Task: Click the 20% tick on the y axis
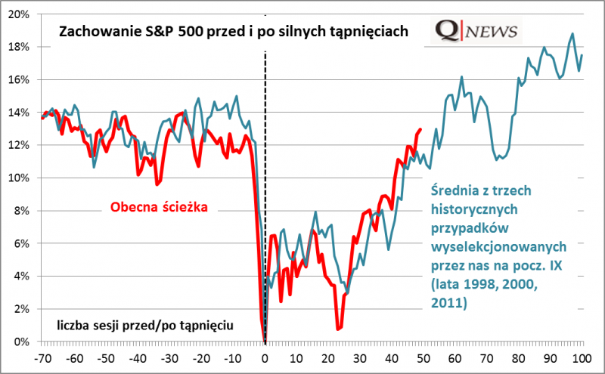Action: tap(19, 14)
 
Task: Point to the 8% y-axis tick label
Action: tap(21, 211)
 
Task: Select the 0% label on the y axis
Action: tap(21, 342)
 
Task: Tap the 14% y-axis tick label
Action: tap(19, 113)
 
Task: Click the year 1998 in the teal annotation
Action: tap(473, 286)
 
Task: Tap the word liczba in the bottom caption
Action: tap(74, 325)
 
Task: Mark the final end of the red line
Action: tap(420, 129)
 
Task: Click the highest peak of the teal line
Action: tap(572, 33)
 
